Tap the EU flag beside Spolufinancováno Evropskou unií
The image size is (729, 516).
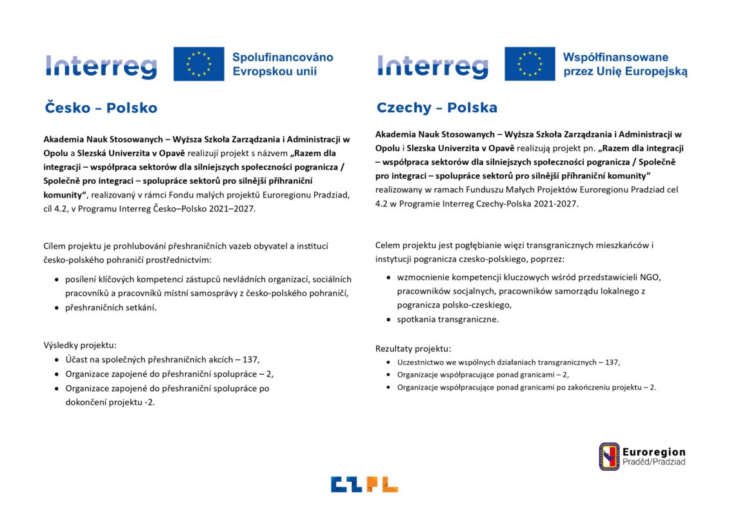click(x=199, y=64)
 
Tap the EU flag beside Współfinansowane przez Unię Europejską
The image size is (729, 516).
click(x=530, y=64)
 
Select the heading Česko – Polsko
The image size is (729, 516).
click(x=101, y=108)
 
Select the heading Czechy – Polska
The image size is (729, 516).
click(x=437, y=108)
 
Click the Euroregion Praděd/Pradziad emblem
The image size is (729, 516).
click(x=609, y=456)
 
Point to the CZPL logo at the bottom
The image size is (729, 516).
click(x=364, y=484)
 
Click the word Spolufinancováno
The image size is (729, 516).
click(x=283, y=57)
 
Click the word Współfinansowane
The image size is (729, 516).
click(x=615, y=57)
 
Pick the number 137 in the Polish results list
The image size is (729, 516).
click(x=612, y=362)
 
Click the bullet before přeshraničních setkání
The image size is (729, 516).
click(x=57, y=308)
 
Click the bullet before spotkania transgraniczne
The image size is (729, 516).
click(x=389, y=319)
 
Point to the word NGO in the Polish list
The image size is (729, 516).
click(x=650, y=277)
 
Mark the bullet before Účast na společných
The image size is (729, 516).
click(x=57, y=360)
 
